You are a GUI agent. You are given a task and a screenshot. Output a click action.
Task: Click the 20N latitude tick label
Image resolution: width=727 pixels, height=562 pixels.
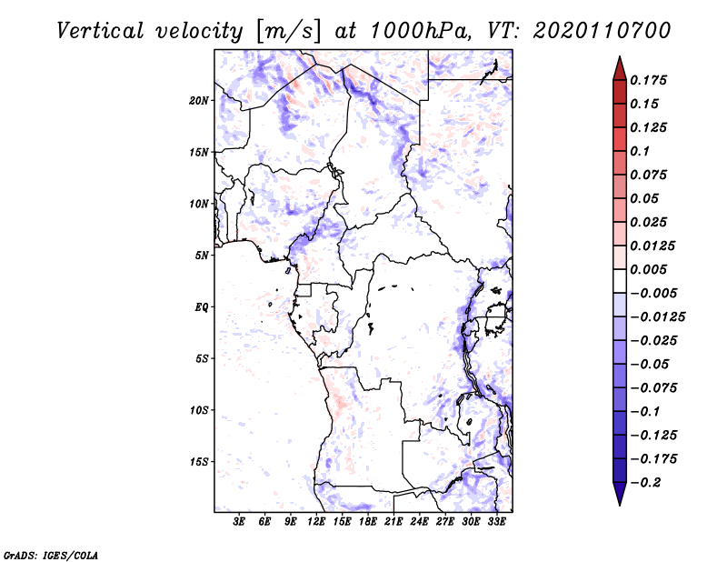pos(199,100)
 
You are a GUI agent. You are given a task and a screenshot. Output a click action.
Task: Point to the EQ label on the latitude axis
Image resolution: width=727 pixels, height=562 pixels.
pos(202,307)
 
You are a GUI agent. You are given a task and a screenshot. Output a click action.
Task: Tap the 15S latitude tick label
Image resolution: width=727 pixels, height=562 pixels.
pos(199,462)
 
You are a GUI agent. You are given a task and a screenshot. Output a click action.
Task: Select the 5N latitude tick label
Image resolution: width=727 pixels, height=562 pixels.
pos(202,256)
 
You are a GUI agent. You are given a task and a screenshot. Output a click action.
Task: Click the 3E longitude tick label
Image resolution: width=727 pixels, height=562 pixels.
pos(240,522)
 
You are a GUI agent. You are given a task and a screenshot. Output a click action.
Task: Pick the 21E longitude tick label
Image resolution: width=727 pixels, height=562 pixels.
pos(393,522)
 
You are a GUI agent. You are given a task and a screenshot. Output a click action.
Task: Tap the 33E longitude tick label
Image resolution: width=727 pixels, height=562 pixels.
pos(496,522)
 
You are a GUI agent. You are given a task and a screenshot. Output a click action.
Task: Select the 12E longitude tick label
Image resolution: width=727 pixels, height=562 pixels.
pos(316,522)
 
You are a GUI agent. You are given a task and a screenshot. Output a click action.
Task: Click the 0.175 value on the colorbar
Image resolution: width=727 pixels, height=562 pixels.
pos(649,80)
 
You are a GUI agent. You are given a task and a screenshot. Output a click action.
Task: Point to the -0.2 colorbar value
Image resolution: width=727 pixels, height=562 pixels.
pos(648,483)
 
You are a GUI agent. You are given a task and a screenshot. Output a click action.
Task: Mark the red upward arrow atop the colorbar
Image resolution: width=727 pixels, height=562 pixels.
pos(619,67)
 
